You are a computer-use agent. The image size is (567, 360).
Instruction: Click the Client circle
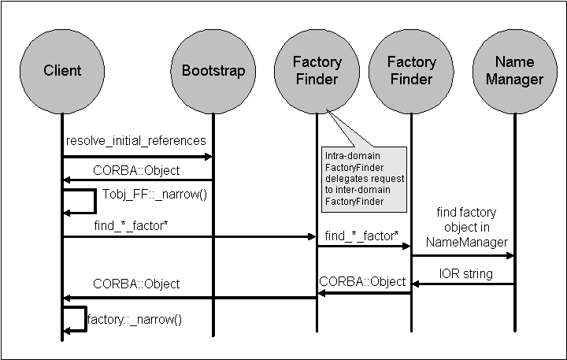tap(62, 70)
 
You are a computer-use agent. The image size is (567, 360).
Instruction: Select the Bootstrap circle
tap(208, 70)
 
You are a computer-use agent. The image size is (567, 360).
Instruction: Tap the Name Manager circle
tap(514, 70)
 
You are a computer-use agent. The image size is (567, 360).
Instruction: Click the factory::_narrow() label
tap(135, 320)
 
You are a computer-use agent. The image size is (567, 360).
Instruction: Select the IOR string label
tap(465, 273)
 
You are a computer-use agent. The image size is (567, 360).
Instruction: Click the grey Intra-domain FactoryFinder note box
tap(364, 179)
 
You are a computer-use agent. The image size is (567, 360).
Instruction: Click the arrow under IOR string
tap(463, 284)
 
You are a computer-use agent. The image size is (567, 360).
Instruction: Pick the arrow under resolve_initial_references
tap(137, 157)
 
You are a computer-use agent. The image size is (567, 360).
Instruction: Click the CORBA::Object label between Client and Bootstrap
tap(136, 170)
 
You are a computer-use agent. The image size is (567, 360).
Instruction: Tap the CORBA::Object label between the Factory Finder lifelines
tap(362, 281)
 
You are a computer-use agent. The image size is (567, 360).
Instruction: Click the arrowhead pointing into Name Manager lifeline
tap(510, 255)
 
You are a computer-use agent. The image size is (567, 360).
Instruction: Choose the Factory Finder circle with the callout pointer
tap(317, 70)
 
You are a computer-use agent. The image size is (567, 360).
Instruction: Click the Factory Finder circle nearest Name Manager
tap(410, 70)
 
